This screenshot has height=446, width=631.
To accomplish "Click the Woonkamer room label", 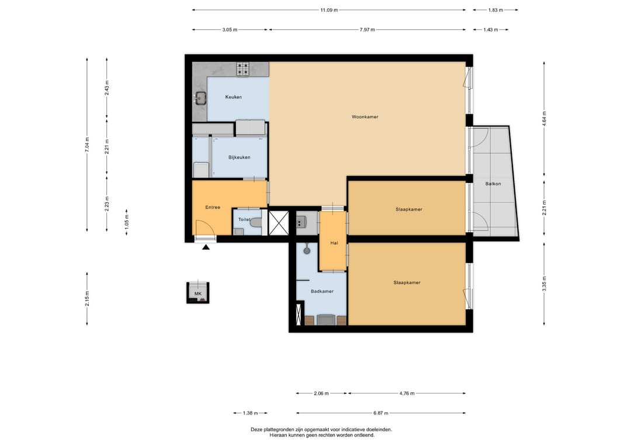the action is pyautogui.click(x=365, y=117).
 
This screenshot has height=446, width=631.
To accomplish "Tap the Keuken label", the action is pyautogui.click(x=233, y=97).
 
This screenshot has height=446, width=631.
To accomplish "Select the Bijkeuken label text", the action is pyautogui.click(x=240, y=157).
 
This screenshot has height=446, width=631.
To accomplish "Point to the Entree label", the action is pyautogui.click(x=213, y=208).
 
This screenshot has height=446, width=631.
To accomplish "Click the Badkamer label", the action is pyautogui.click(x=322, y=292).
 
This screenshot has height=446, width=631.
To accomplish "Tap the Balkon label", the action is pyautogui.click(x=493, y=184).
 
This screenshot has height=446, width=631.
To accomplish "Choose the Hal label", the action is pyautogui.click(x=334, y=243).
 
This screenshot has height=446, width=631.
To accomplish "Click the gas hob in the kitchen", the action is pyautogui.click(x=242, y=69).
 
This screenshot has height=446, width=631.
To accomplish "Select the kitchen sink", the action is pyautogui.click(x=200, y=98).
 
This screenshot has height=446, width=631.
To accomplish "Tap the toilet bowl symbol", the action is pyautogui.click(x=255, y=222).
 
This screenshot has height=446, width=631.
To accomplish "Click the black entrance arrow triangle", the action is pyautogui.click(x=206, y=247).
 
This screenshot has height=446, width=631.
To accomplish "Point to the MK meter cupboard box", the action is pyautogui.click(x=198, y=293).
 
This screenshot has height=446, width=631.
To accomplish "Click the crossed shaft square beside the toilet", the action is pyautogui.click(x=279, y=223).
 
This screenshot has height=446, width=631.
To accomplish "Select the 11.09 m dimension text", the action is pyautogui.click(x=329, y=10).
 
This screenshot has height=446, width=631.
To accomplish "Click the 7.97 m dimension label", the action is pyautogui.click(x=367, y=30).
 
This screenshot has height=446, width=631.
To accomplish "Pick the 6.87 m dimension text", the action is pyautogui.click(x=381, y=413).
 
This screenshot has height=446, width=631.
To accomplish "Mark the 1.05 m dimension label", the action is pyautogui.click(x=127, y=222).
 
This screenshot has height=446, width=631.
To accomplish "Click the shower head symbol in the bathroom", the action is pyautogui.click(x=307, y=250).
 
